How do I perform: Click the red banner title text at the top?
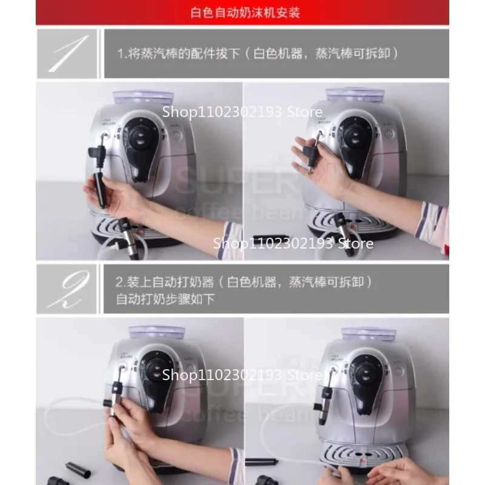(x=242, y=12)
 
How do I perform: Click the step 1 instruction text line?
(x=257, y=53)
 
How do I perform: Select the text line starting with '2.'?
(x=243, y=282)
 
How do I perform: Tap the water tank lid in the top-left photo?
(x=146, y=96)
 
